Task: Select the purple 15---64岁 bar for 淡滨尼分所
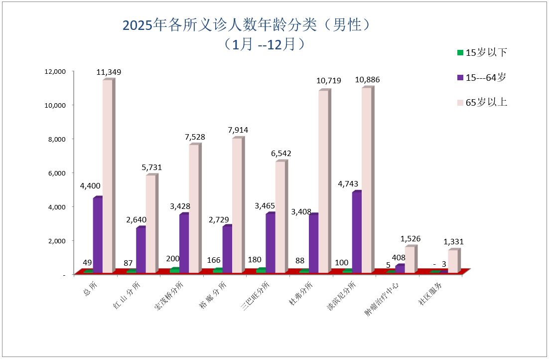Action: click(x=356, y=232)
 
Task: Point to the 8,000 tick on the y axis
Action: click(x=56, y=139)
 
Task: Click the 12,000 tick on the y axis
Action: click(x=55, y=71)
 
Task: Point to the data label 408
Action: click(x=399, y=258)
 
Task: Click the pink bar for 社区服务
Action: click(x=452, y=261)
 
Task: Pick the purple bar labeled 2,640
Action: click(x=140, y=250)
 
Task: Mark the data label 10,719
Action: click(x=329, y=80)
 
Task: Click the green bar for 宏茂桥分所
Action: click(x=174, y=270)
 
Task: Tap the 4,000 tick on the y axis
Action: click(x=56, y=206)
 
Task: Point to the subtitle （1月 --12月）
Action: click(x=265, y=44)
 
